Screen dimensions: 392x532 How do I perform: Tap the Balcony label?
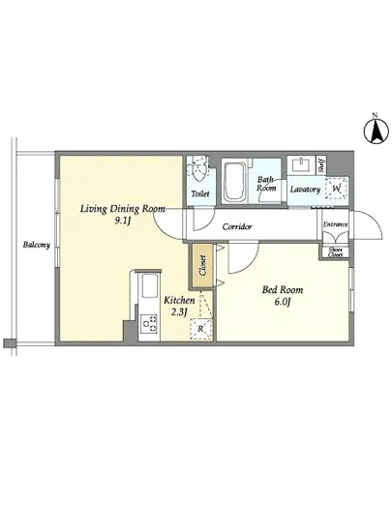[x=37, y=245]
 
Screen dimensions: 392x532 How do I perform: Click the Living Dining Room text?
[x=123, y=209]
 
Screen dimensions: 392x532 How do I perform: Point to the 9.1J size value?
[x=123, y=222]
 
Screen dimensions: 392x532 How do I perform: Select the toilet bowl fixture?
[x=197, y=169]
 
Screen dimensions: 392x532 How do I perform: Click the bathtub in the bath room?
[x=234, y=182]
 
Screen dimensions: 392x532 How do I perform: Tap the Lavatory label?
[x=305, y=190]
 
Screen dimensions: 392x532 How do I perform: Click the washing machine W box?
[x=336, y=189]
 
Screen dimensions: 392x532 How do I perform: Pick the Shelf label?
[x=321, y=165]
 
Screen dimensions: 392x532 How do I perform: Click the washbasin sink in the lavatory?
[x=300, y=165]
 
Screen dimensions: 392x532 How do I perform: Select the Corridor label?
[x=237, y=226]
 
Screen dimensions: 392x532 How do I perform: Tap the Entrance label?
[x=335, y=224]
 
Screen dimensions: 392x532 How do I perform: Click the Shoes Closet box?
[x=335, y=252]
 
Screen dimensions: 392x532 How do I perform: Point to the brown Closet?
[x=202, y=265]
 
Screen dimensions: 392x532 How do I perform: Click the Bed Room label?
[x=283, y=290]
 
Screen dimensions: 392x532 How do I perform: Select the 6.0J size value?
[x=283, y=302]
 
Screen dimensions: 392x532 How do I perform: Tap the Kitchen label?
[x=179, y=300]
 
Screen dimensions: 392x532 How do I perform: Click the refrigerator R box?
[x=200, y=329]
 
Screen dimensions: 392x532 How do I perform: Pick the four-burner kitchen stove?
[x=149, y=324]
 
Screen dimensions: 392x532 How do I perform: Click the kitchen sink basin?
[x=149, y=286]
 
